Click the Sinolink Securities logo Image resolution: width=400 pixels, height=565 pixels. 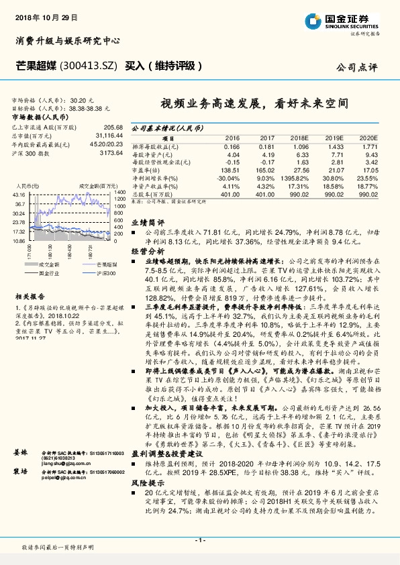click(346, 19)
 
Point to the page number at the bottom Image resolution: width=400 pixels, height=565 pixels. click(199, 540)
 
